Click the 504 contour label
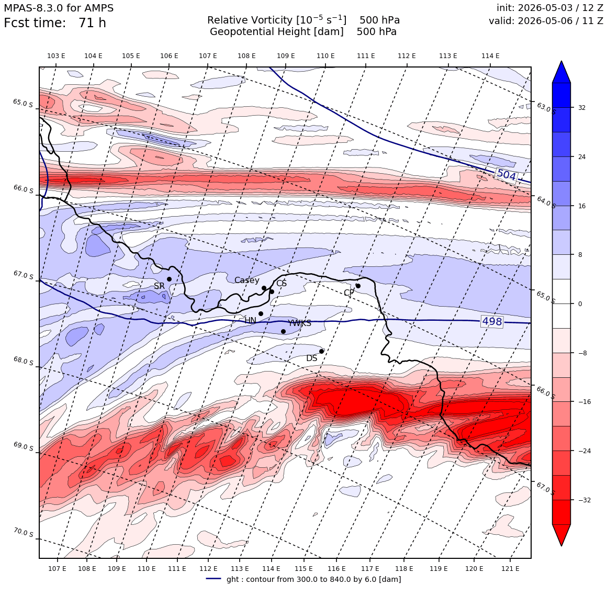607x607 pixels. pos(507,175)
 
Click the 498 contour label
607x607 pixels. pos(492,321)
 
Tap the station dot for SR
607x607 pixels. pos(169,279)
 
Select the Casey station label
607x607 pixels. pos(247,280)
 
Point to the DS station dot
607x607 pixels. pos(322,352)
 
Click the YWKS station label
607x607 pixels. pos(299,323)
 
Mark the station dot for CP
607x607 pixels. pos(358,286)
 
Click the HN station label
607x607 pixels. pos(251,321)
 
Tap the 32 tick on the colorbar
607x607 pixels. pos(582,108)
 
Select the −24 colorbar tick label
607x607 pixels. pos(584,451)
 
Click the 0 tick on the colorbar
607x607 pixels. pos(580,304)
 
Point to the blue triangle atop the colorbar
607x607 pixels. pos(561,72)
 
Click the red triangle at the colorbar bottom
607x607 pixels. pos(561,535)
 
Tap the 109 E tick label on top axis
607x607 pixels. pos(286,56)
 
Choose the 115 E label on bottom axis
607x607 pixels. pos(303,569)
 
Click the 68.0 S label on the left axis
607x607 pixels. pos(23,361)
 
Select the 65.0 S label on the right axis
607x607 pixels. pos(546,297)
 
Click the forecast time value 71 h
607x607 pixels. pos(92,23)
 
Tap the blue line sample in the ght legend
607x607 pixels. pos(213,579)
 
